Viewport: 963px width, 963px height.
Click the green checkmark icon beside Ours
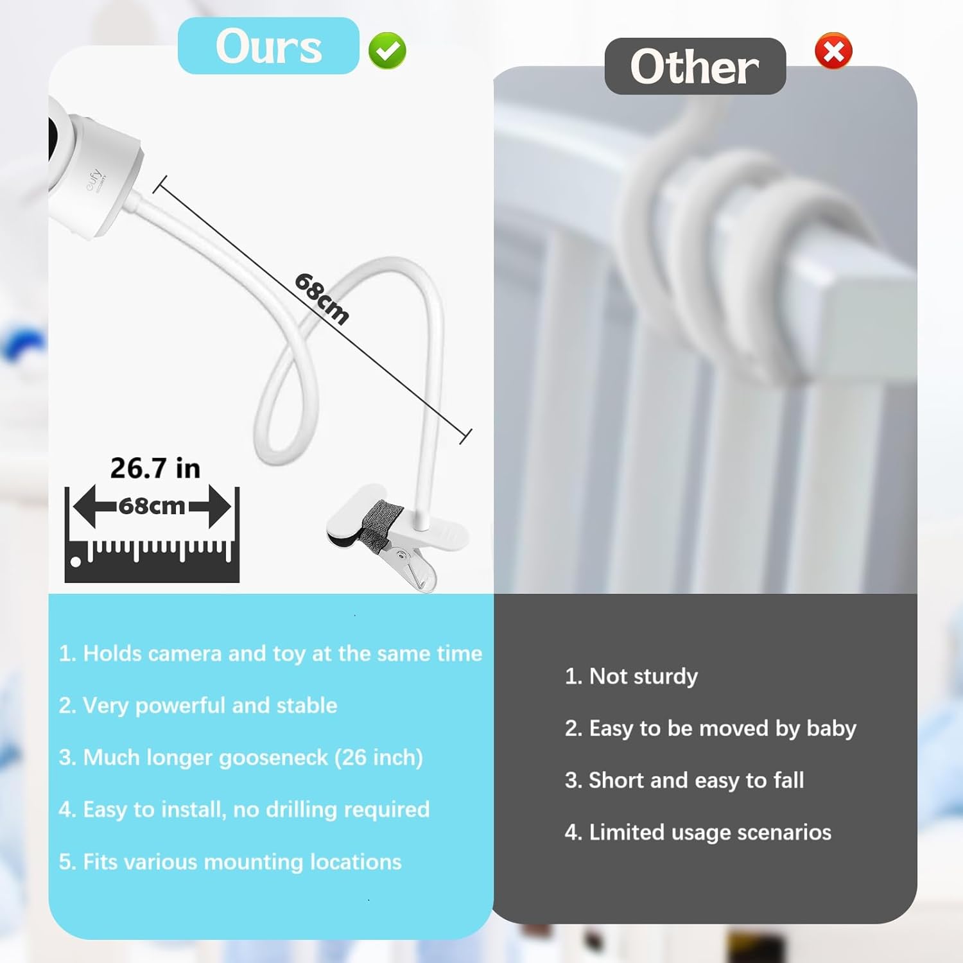(387, 51)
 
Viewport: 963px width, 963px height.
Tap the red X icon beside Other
(833, 51)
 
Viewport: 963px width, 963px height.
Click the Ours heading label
(268, 46)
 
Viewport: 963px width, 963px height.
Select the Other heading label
(695, 66)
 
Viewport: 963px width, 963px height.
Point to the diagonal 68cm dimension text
(322, 299)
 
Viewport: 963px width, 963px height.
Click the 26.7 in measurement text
(155, 468)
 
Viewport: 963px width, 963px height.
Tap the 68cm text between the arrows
(152, 506)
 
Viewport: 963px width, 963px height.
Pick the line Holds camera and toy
(270, 654)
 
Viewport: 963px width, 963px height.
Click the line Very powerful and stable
(198, 706)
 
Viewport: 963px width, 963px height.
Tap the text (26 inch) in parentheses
(379, 758)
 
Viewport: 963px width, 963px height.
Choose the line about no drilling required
(244, 810)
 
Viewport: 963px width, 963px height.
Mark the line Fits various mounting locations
(230, 862)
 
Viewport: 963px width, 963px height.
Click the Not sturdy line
(631, 677)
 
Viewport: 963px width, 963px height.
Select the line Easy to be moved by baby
(710, 729)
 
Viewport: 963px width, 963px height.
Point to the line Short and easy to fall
(684, 781)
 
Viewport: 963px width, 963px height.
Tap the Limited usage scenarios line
(698, 833)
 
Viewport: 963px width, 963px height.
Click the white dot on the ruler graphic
(76, 563)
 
